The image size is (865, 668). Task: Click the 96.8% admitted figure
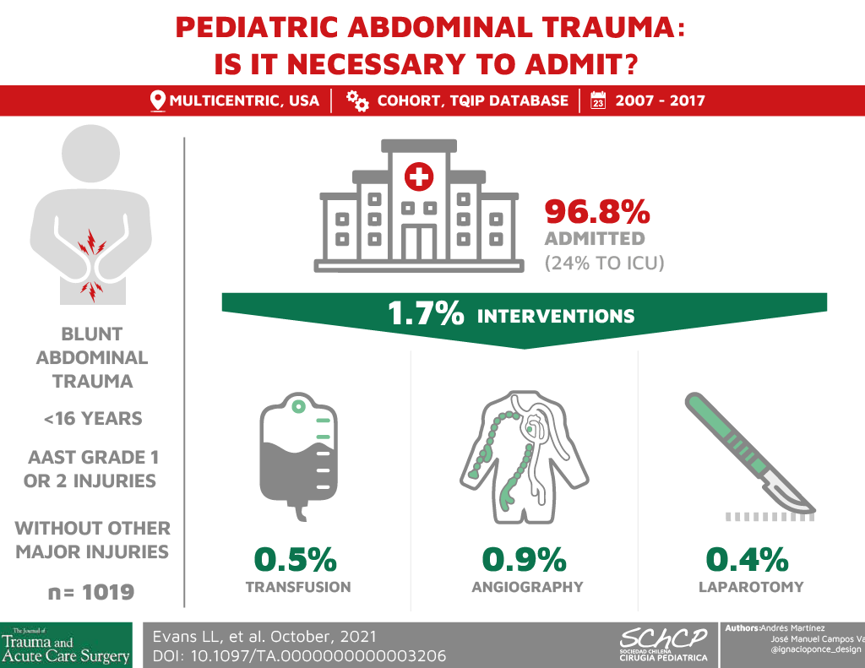click(597, 212)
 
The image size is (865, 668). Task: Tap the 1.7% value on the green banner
click(426, 312)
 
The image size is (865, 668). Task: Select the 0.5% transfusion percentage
click(296, 559)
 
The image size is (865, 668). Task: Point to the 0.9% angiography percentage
click(524, 559)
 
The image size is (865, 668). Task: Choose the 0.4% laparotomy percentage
click(748, 559)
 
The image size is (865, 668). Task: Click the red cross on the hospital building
click(419, 177)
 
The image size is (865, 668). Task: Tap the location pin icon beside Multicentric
click(158, 101)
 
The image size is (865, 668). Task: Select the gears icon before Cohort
click(357, 101)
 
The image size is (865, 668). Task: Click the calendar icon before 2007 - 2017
click(598, 100)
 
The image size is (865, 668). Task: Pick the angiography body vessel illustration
click(524, 457)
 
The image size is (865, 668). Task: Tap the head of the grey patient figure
click(91, 154)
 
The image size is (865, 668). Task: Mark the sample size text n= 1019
click(91, 593)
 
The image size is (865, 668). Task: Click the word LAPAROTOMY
click(751, 587)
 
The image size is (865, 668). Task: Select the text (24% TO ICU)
click(605, 263)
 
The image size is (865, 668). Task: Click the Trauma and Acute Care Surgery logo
click(66, 645)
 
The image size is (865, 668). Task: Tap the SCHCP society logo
click(663, 644)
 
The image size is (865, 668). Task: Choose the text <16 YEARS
click(93, 419)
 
